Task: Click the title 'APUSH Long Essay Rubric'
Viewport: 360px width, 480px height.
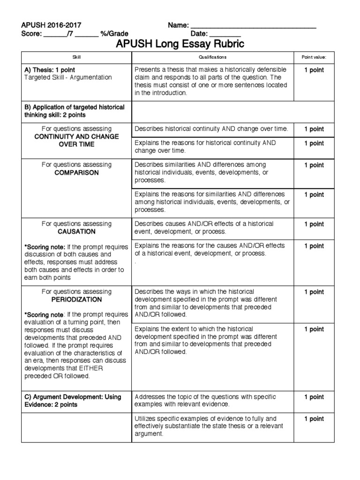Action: click(x=180, y=45)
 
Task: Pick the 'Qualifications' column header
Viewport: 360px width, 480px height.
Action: click(x=212, y=57)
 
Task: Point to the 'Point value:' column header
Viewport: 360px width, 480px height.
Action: click(x=314, y=57)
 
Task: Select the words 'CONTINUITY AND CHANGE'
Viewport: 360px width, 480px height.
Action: click(x=76, y=136)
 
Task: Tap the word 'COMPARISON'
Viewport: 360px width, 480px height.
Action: click(x=76, y=172)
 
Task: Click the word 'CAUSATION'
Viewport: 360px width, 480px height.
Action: click(x=76, y=232)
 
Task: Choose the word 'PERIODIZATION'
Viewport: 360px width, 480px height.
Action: click(x=76, y=300)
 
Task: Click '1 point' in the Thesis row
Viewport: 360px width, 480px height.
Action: click(x=314, y=70)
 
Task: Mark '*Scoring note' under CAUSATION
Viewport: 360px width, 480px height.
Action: click(x=43, y=247)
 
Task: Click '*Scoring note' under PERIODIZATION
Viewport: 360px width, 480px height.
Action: click(x=43, y=315)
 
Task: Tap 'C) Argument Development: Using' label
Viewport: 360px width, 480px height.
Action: click(x=73, y=397)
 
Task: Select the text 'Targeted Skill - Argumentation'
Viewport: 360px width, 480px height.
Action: click(x=68, y=77)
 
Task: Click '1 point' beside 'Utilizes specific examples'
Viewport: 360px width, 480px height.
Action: click(x=314, y=419)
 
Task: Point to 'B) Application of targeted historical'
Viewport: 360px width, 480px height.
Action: click(x=74, y=107)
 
